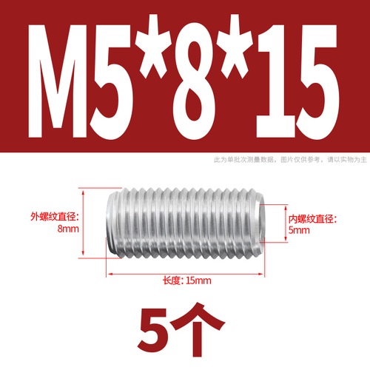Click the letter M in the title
point(58,81)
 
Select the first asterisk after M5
point(154,46)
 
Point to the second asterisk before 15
point(236,46)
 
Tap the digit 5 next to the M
point(111,81)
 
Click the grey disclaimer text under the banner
point(290,160)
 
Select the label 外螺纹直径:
point(54,217)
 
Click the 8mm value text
point(68,229)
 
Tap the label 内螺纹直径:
point(313,219)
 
